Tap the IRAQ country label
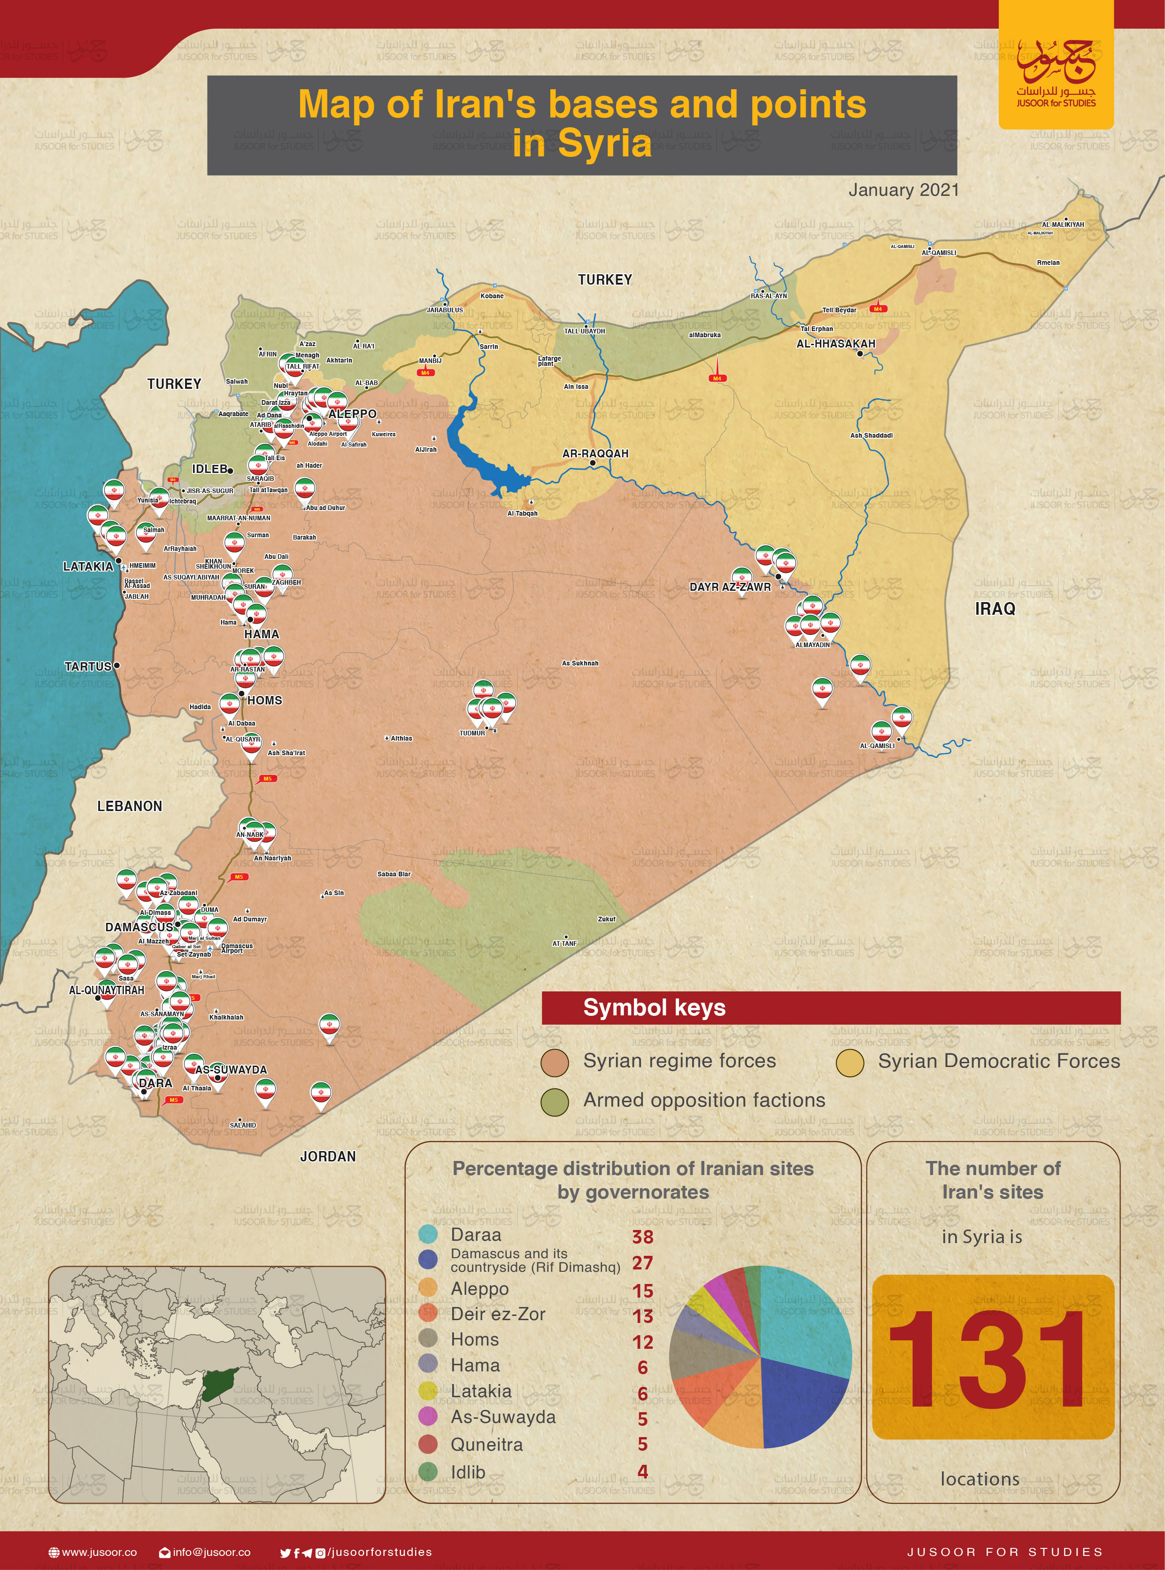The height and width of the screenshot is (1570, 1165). pyautogui.click(x=995, y=609)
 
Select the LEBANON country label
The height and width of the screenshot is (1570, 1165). pyautogui.click(x=129, y=806)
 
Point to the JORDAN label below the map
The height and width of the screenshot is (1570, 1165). pyautogui.click(x=328, y=1157)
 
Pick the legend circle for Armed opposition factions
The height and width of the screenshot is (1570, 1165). pyautogui.click(x=554, y=1102)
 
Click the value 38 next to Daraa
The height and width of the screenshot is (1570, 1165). pyautogui.click(x=642, y=1237)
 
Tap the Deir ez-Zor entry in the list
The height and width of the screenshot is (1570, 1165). pyautogui.click(x=498, y=1314)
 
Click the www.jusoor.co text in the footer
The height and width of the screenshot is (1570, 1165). pyautogui.click(x=99, y=1552)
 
